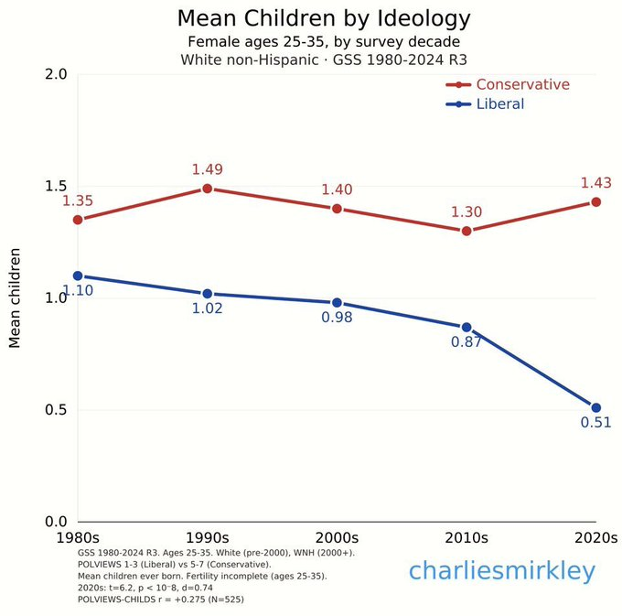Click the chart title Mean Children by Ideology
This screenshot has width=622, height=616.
pyautogui.click(x=311, y=17)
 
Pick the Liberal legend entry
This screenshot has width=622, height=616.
pyautogui.click(x=499, y=104)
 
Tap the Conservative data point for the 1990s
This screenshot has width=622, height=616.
pyautogui.click(x=208, y=189)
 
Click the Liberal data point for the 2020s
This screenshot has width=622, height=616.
pyautogui.click(x=595, y=407)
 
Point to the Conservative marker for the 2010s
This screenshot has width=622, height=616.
pyautogui.click(x=466, y=231)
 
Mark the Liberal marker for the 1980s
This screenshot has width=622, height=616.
pyautogui.click(x=78, y=276)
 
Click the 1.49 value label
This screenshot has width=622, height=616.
pyautogui.click(x=208, y=169)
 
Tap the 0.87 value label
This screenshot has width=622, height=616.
pyautogui.click(x=466, y=342)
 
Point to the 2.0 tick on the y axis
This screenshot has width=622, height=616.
pyautogui.click(x=56, y=74)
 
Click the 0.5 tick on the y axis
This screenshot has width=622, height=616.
pyautogui.click(x=56, y=410)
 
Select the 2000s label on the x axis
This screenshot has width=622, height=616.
pyautogui.click(x=337, y=537)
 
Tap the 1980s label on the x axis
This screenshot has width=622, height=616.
pyautogui.click(x=78, y=537)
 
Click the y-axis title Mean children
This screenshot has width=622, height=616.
pyautogui.click(x=16, y=298)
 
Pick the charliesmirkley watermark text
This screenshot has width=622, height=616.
pyautogui.click(x=501, y=572)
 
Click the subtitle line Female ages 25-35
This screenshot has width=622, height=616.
pyautogui.click(x=311, y=41)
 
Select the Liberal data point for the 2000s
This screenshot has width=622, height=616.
pyautogui.click(x=337, y=303)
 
